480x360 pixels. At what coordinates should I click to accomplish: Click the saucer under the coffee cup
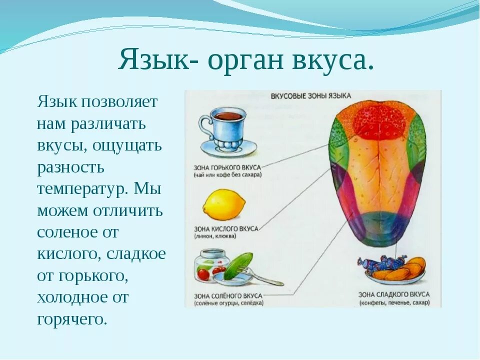[229, 148]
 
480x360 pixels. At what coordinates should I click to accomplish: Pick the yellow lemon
[224, 205]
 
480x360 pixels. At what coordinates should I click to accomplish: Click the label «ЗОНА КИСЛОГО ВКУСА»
[226, 228]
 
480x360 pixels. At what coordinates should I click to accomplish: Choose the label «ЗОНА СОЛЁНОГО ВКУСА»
[228, 296]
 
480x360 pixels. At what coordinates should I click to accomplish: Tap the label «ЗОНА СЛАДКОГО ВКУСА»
[393, 295]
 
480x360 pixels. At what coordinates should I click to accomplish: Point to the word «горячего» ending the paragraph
[72, 319]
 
